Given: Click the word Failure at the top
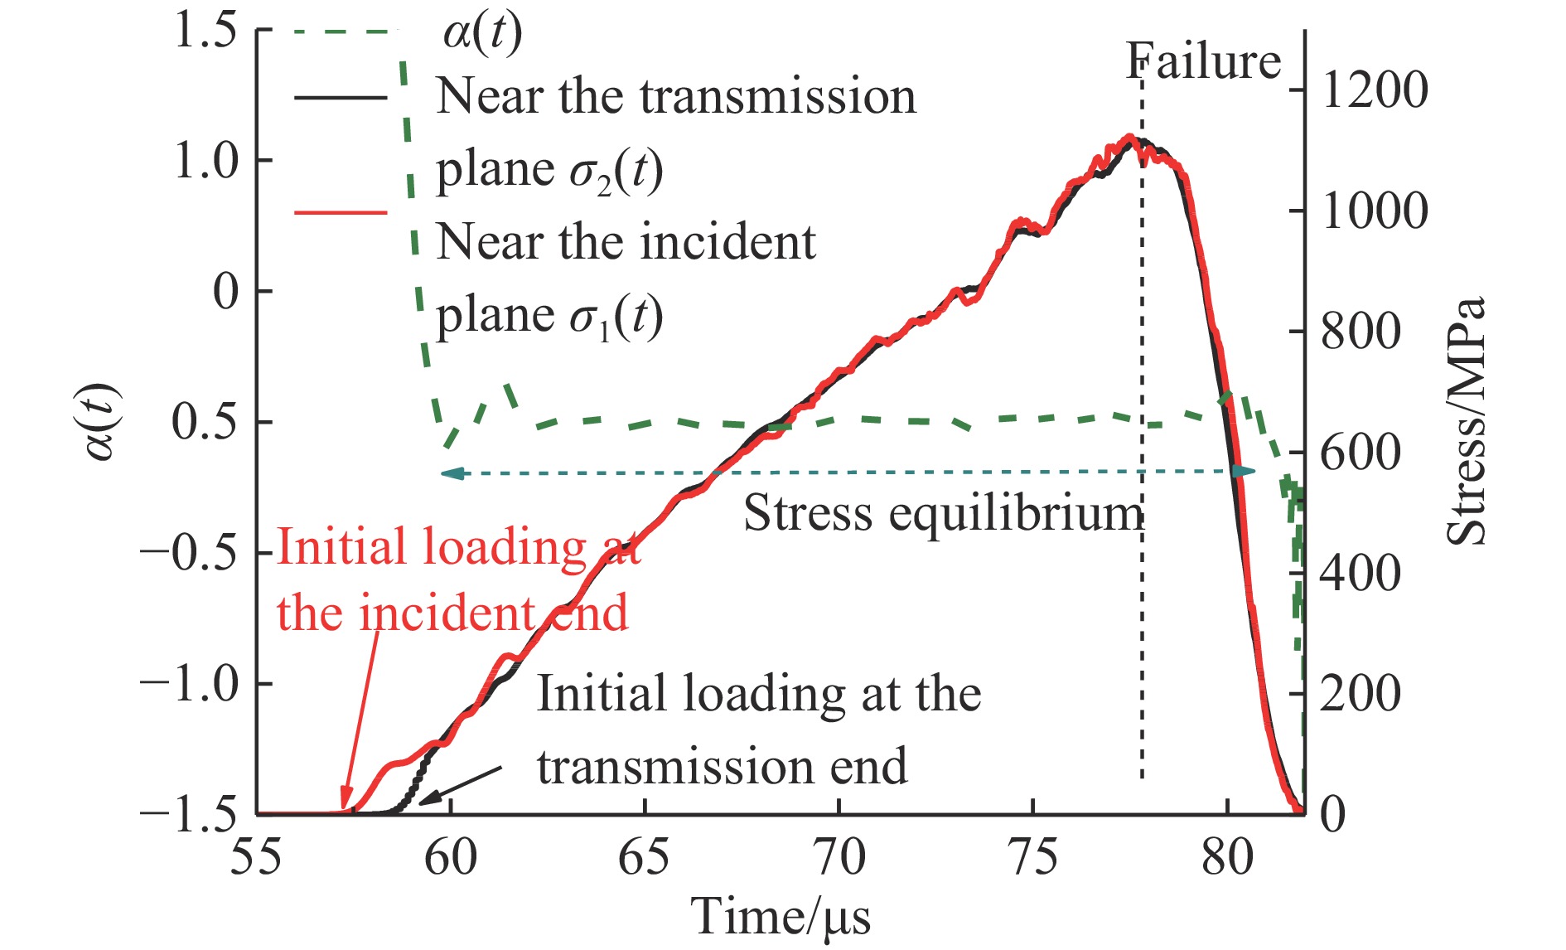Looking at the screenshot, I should [1203, 61].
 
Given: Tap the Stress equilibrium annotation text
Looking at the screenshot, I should [943, 513].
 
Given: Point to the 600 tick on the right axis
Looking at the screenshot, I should [1360, 453].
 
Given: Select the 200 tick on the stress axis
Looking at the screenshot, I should [1360, 693].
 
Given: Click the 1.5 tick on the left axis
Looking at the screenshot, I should [205, 32].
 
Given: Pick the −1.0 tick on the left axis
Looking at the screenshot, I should [189, 684].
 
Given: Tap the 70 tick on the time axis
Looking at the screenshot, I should [839, 857].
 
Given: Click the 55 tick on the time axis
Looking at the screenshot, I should [256, 857].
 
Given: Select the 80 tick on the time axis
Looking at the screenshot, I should [1227, 857].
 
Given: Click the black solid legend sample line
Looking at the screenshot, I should [340, 97].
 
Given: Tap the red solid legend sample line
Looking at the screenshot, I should [340, 212].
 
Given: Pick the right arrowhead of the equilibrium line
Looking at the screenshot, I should [1244, 471].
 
